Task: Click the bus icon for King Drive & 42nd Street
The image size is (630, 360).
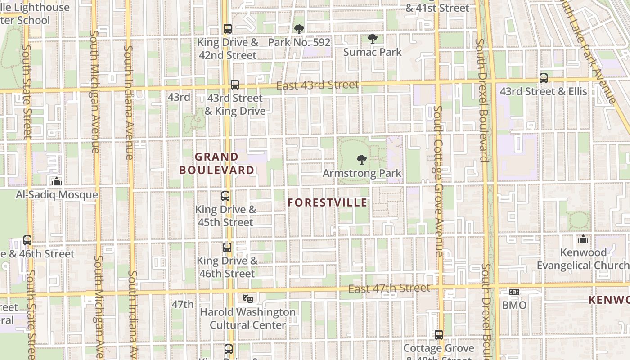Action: click(228, 29)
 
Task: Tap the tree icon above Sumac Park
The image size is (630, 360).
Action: click(372, 39)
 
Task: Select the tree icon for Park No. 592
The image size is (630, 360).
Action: click(299, 30)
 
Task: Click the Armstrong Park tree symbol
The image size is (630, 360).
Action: click(361, 159)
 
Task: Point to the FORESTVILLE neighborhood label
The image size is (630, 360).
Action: click(327, 203)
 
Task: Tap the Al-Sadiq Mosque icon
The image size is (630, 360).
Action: click(57, 181)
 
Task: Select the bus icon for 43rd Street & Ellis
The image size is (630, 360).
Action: click(544, 78)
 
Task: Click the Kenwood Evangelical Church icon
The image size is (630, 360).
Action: click(583, 239)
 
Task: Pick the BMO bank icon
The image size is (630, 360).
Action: click(514, 292)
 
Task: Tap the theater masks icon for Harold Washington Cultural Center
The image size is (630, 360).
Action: click(247, 298)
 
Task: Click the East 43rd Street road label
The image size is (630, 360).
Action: click(317, 85)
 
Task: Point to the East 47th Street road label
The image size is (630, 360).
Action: click(389, 288)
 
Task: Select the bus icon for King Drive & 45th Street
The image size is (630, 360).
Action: click(225, 196)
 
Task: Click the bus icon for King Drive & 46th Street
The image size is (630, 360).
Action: click(227, 247)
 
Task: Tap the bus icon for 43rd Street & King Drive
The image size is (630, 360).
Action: click(234, 85)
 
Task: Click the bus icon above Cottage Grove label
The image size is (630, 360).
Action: click(439, 335)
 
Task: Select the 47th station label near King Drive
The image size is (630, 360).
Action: click(183, 304)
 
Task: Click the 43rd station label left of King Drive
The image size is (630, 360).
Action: click(179, 97)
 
